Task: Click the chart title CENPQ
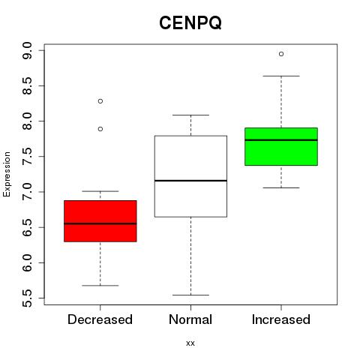pos(190,23)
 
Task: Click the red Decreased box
pos(100,221)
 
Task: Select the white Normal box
pos(190,176)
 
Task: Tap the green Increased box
pos(281,146)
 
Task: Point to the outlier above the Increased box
pos(281,54)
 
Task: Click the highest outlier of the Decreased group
pos(100,101)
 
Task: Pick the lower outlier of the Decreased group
pos(100,129)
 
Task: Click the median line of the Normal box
pos(190,181)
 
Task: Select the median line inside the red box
pos(100,223)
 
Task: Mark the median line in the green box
pos(281,140)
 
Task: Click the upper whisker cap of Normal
pos(190,115)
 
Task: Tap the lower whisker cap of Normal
pos(190,295)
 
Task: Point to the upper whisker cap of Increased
pos(281,76)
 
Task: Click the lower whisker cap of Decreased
pos(100,285)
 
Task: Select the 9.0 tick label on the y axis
pos(27,51)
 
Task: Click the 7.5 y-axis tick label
pos(27,157)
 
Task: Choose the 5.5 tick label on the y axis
pos(27,298)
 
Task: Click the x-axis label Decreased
pos(100,319)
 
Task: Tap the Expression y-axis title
pos(7,174)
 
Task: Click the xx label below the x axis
pos(190,343)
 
